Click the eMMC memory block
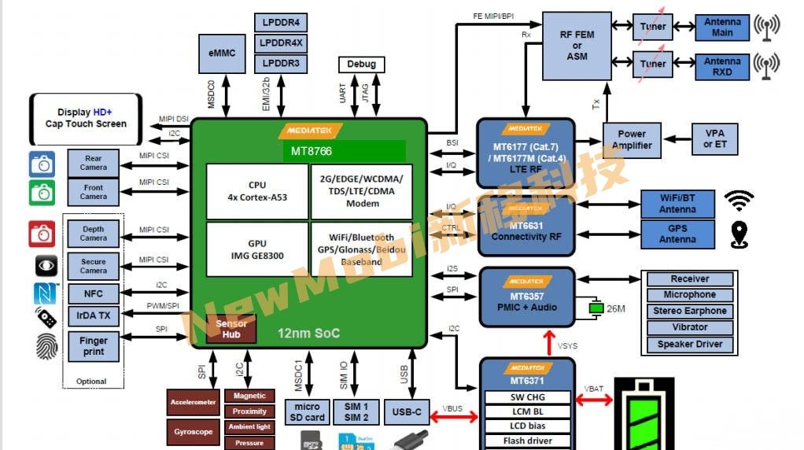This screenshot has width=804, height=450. pyautogui.click(x=222, y=53)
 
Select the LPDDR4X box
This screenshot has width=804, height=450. pyautogui.click(x=281, y=42)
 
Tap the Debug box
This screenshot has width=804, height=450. pyautogui.click(x=361, y=64)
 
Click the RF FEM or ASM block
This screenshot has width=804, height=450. pyautogui.click(x=577, y=46)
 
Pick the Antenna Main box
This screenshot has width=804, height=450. pyautogui.click(x=722, y=28)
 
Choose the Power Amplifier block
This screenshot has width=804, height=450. pyautogui.click(x=631, y=140)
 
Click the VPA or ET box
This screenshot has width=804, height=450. pyautogui.click(x=714, y=139)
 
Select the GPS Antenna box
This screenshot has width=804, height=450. pyautogui.click(x=677, y=234)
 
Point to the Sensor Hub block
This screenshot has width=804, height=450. pyautogui.click(x=231, y=329)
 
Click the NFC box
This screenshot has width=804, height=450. pyautogui.click(x=93, y=293)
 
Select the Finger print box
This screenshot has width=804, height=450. pyautogui.click(x=93, y=347)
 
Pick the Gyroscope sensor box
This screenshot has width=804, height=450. pyautogui.click(x=193, y=432)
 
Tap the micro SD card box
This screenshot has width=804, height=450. pyautogui.click(x=306, y=412)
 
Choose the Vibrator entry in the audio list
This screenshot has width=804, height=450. pyautogui.click(x=689, y=327)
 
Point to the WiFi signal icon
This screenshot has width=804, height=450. pyautogui.click(x=739, y=201)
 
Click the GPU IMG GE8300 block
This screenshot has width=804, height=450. pyautogui.click(x=256, y=249)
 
